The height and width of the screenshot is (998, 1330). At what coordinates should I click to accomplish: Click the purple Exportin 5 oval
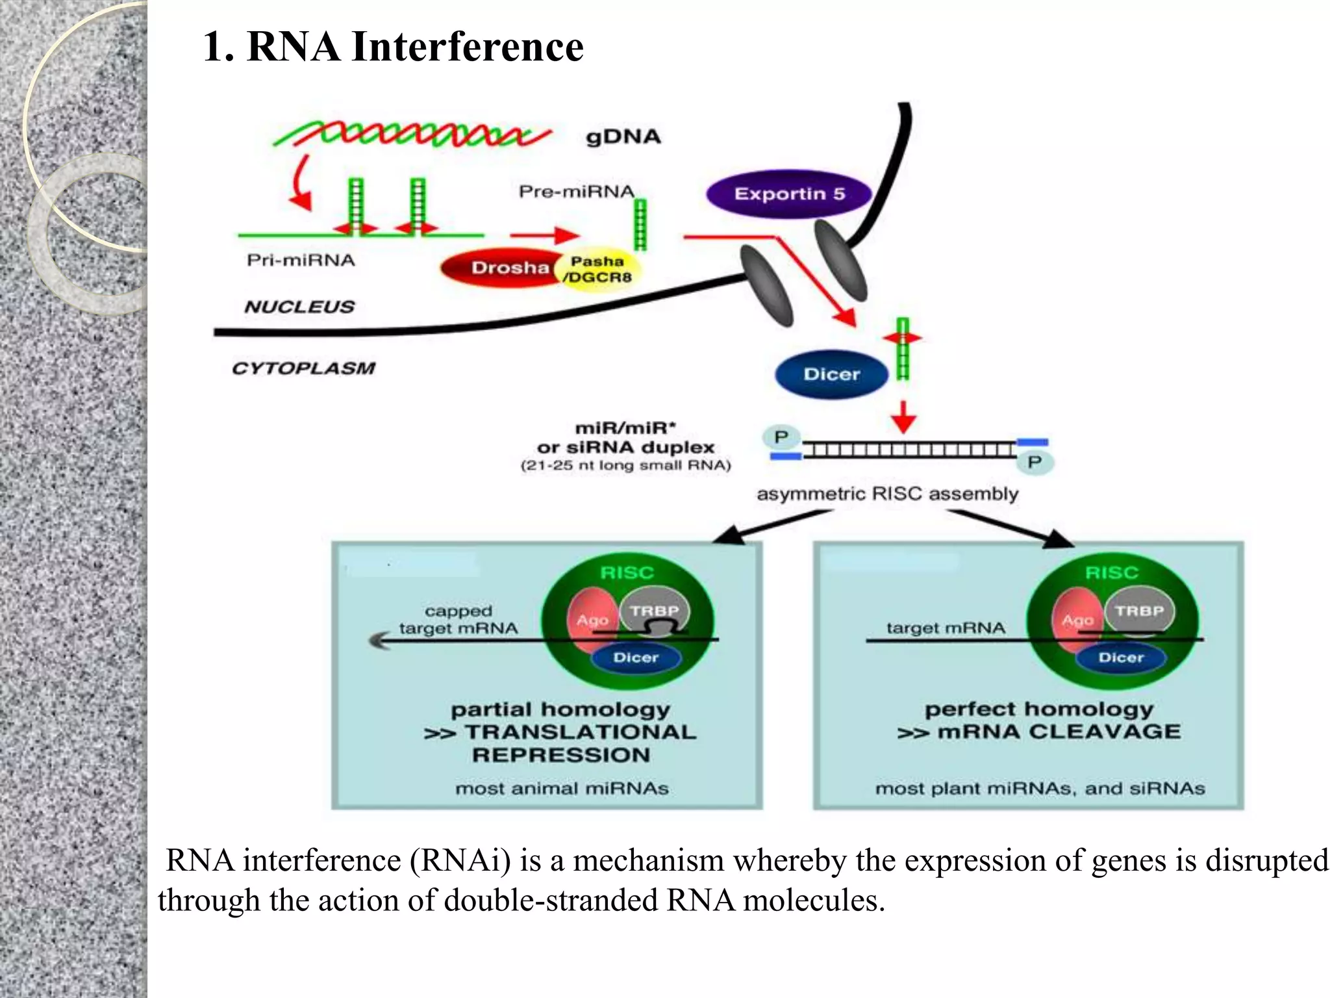point(788,194)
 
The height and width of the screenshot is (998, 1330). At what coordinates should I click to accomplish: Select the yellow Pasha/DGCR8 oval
point(599,269)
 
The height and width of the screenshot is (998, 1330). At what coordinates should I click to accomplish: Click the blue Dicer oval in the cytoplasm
point(831,374)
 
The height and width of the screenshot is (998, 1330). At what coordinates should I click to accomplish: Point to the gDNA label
point(623,137)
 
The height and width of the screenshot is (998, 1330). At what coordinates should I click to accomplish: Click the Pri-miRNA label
point(301,261)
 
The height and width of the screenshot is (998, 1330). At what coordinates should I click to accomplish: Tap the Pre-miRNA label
point(576,192)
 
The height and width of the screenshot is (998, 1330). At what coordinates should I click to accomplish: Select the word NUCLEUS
point(299,307)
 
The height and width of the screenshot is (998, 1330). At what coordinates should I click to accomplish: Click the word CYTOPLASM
point(303,368)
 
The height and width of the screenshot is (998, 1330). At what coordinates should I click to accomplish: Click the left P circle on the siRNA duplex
point(781,437)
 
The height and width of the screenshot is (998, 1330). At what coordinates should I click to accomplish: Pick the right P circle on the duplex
point(1034,462)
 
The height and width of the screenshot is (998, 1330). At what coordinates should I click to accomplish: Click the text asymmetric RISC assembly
point(887,494)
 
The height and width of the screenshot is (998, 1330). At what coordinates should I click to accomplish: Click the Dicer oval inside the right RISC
point(1121,658)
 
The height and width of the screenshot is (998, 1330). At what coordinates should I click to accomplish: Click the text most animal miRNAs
point(562,788)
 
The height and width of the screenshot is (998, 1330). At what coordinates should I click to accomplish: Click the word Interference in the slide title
point(467,47)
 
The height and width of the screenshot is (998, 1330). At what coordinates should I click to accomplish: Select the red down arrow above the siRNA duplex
point(903,416)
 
